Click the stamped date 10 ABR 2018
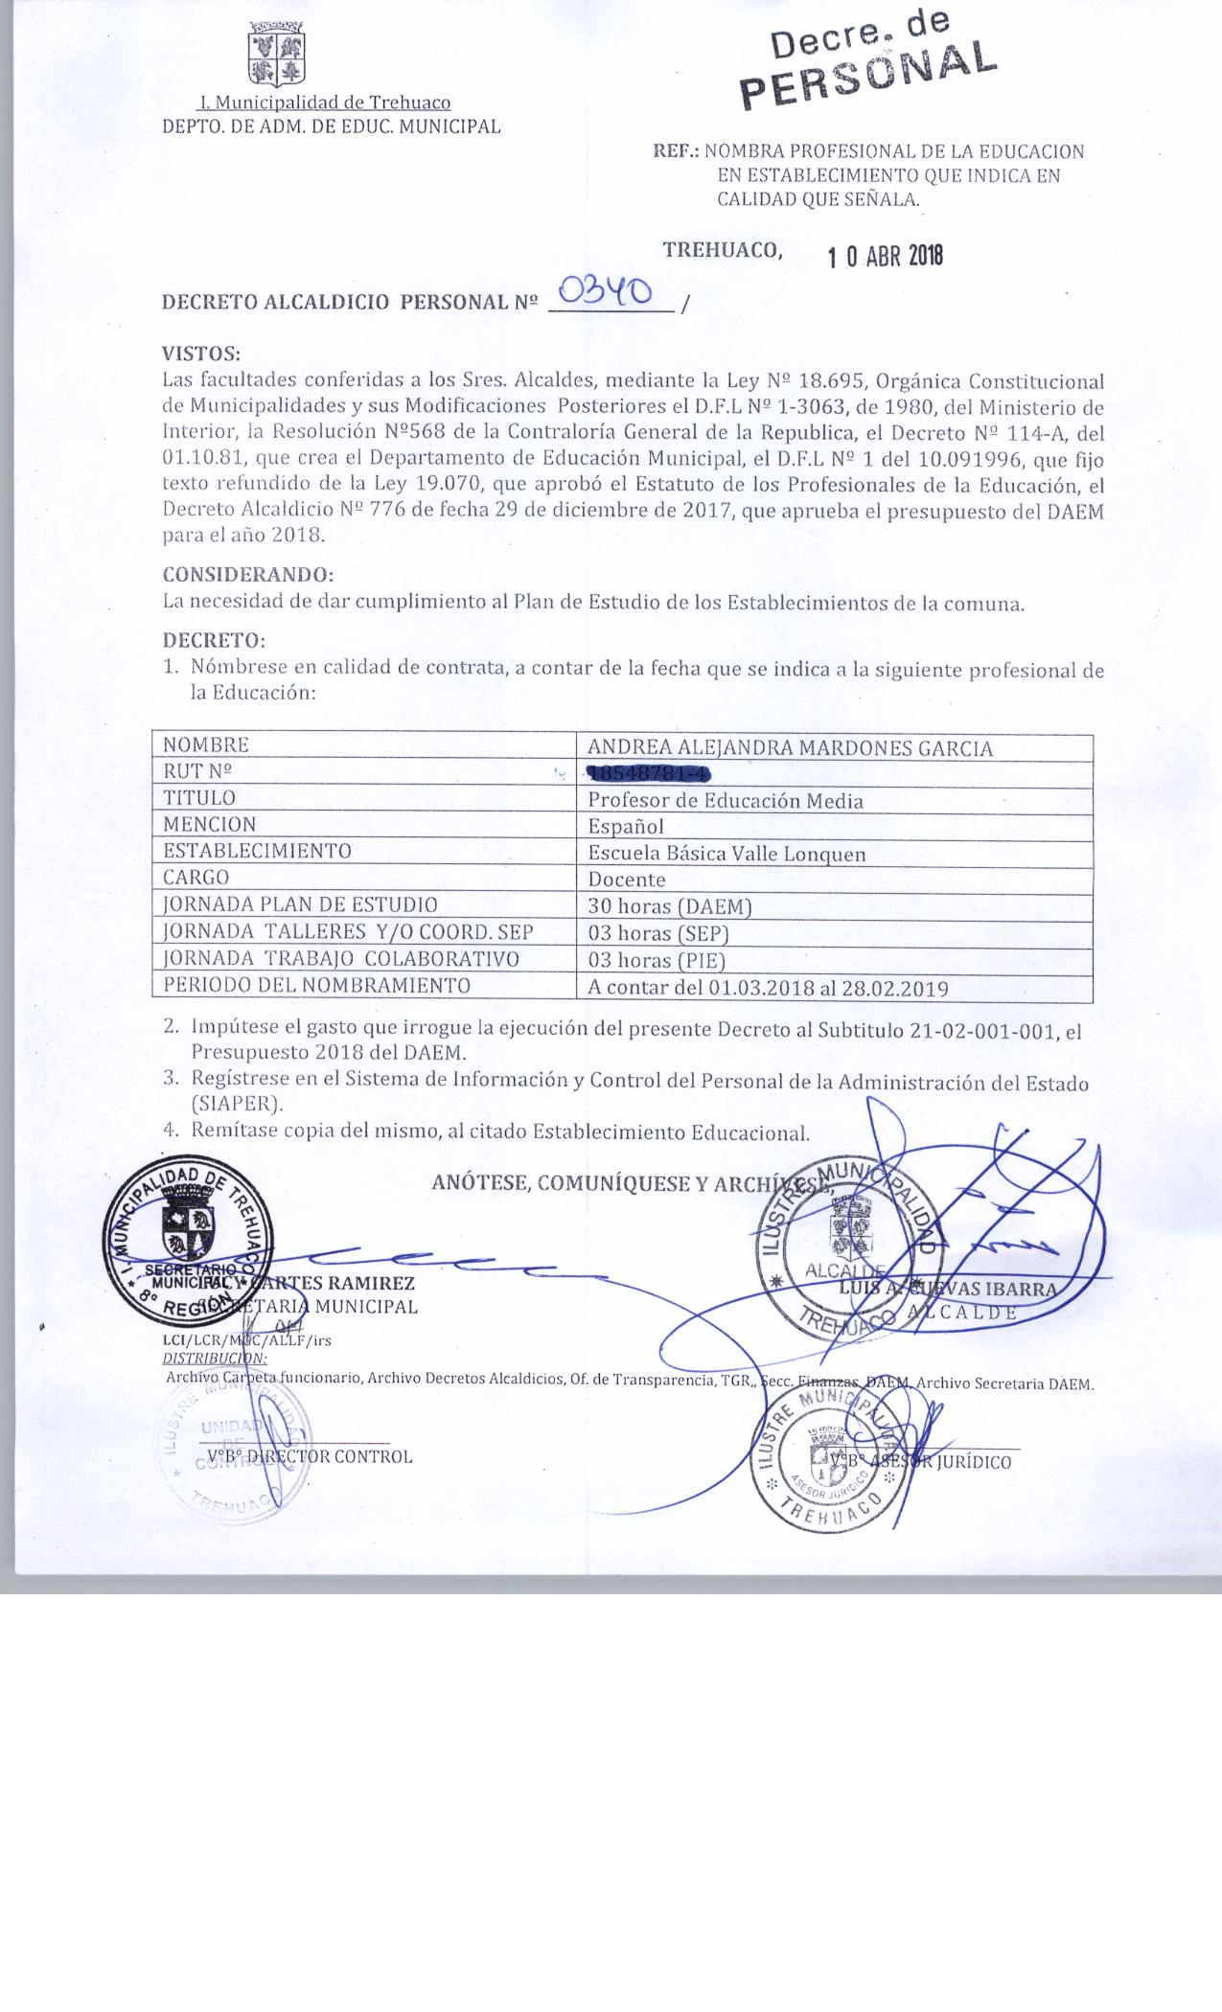pyautogui.click(x=886, y=256)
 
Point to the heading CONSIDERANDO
pyautogui.click(x=248, y=575)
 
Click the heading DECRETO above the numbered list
pyautogui.click(x=213, y=639)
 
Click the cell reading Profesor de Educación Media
pyautogui.click(x=726, y=801)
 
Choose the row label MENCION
pyautogui.click(x=209, y=824)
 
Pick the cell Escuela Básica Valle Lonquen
pyautogui.click(x=726, y=854)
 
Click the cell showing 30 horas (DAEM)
pyautogui.click(x=670, y=906)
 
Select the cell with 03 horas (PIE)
pyautogui.click(x=657, y=960)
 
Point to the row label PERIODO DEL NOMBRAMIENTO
pyautogui.click(x=316, y=985)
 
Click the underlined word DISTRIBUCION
pyautogui.click(x=215, y=1359)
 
